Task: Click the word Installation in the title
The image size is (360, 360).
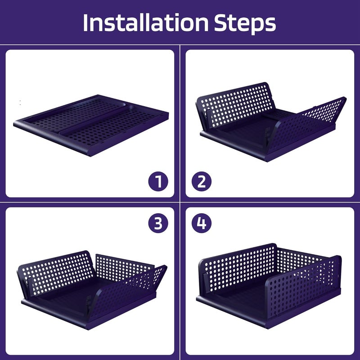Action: pos(145,23)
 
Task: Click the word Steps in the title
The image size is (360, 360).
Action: pos(245,24)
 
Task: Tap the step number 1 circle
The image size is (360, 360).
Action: pos(158,181)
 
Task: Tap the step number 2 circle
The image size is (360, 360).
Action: pos(202,181)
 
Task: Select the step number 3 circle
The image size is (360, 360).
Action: pos(158,223)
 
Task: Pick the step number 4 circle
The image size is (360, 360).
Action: pos(202,223)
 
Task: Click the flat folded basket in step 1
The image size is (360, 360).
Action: pos(91,126)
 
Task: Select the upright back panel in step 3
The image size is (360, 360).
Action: pos(124,267)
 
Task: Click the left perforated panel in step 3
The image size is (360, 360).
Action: pos(56,272)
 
